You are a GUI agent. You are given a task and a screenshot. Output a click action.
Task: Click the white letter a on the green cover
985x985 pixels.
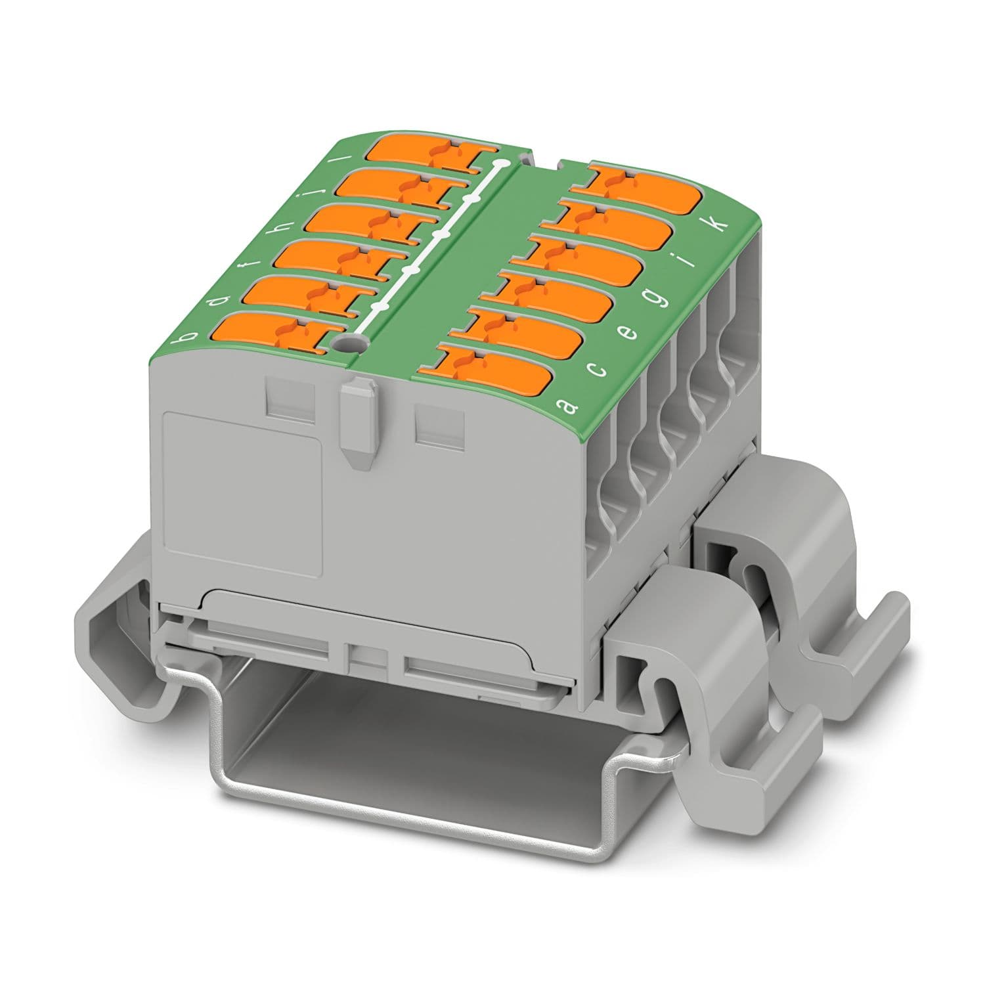tap(567, 406)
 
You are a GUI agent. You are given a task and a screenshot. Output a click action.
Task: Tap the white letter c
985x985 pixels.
tap(597, 371)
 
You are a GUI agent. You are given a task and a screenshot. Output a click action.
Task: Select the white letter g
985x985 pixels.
tap(659, 299)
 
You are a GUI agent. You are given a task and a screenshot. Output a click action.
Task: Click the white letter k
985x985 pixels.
tap(720, 224)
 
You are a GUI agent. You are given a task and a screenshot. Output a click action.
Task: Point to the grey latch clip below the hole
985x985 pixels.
tap(357, 420)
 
